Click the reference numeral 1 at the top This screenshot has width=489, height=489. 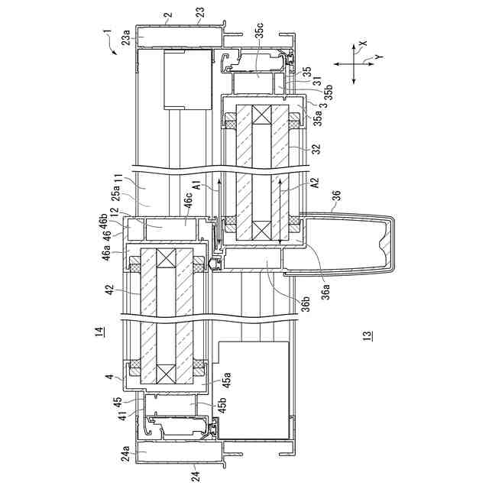coord(108,34)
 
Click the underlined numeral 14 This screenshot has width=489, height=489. coord(100,331)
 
